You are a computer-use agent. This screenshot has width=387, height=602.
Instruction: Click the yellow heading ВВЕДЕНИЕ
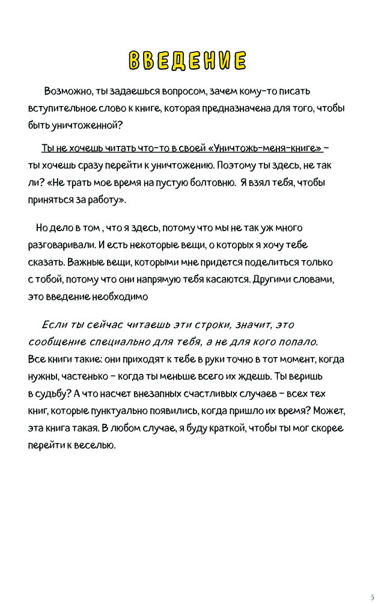[187, 61]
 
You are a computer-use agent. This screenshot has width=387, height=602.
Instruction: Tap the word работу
[107, 199]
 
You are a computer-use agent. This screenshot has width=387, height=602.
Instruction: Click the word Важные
[84, 263]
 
